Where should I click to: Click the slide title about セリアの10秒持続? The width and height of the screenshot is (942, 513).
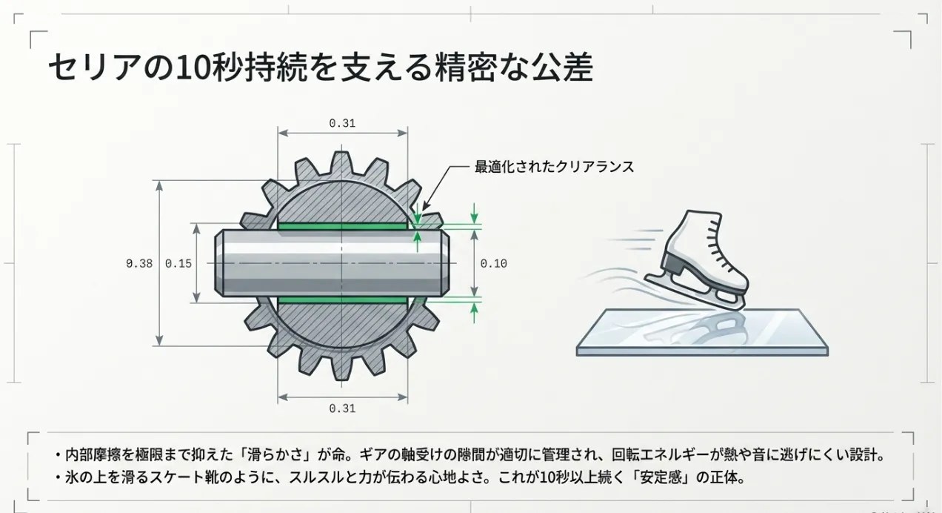[320, 68]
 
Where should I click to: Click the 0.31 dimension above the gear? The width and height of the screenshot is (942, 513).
[342, 123]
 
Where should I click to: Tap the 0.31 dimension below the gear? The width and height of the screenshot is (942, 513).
[342, 408]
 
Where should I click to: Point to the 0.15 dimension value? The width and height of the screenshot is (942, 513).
[178, 263]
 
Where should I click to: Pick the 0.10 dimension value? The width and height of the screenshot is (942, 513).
[494, 263]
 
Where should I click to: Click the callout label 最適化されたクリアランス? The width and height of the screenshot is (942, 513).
[554, 167]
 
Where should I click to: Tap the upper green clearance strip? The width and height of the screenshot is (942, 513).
[342, 226]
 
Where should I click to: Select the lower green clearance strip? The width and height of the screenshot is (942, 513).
[342, 299]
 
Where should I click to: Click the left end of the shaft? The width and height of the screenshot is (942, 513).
[221, 263]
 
